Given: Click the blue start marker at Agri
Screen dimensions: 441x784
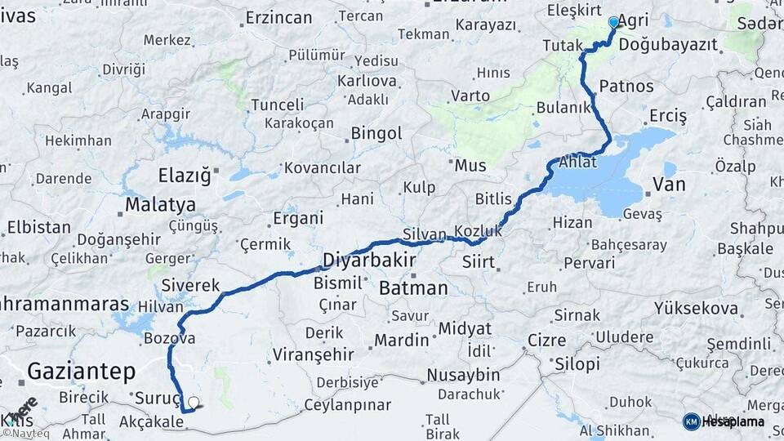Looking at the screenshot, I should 613,22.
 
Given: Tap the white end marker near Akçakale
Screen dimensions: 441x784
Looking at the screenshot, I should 194,402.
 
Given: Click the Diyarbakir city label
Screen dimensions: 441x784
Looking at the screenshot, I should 369,261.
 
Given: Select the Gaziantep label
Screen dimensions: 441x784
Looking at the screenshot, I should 81,372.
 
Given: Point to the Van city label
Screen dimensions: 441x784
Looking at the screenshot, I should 669,185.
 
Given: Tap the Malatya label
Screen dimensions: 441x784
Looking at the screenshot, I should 160,204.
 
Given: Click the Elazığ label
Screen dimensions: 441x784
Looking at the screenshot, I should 184,175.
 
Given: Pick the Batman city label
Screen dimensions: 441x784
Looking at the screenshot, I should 413,288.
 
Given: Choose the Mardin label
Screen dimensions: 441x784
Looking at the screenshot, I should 401,339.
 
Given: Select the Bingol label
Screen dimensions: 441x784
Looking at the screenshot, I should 376,133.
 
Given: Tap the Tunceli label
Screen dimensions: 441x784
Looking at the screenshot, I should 277,105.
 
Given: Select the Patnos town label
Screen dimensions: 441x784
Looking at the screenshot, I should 626,86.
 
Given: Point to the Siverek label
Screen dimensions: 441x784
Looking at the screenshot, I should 190,285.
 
